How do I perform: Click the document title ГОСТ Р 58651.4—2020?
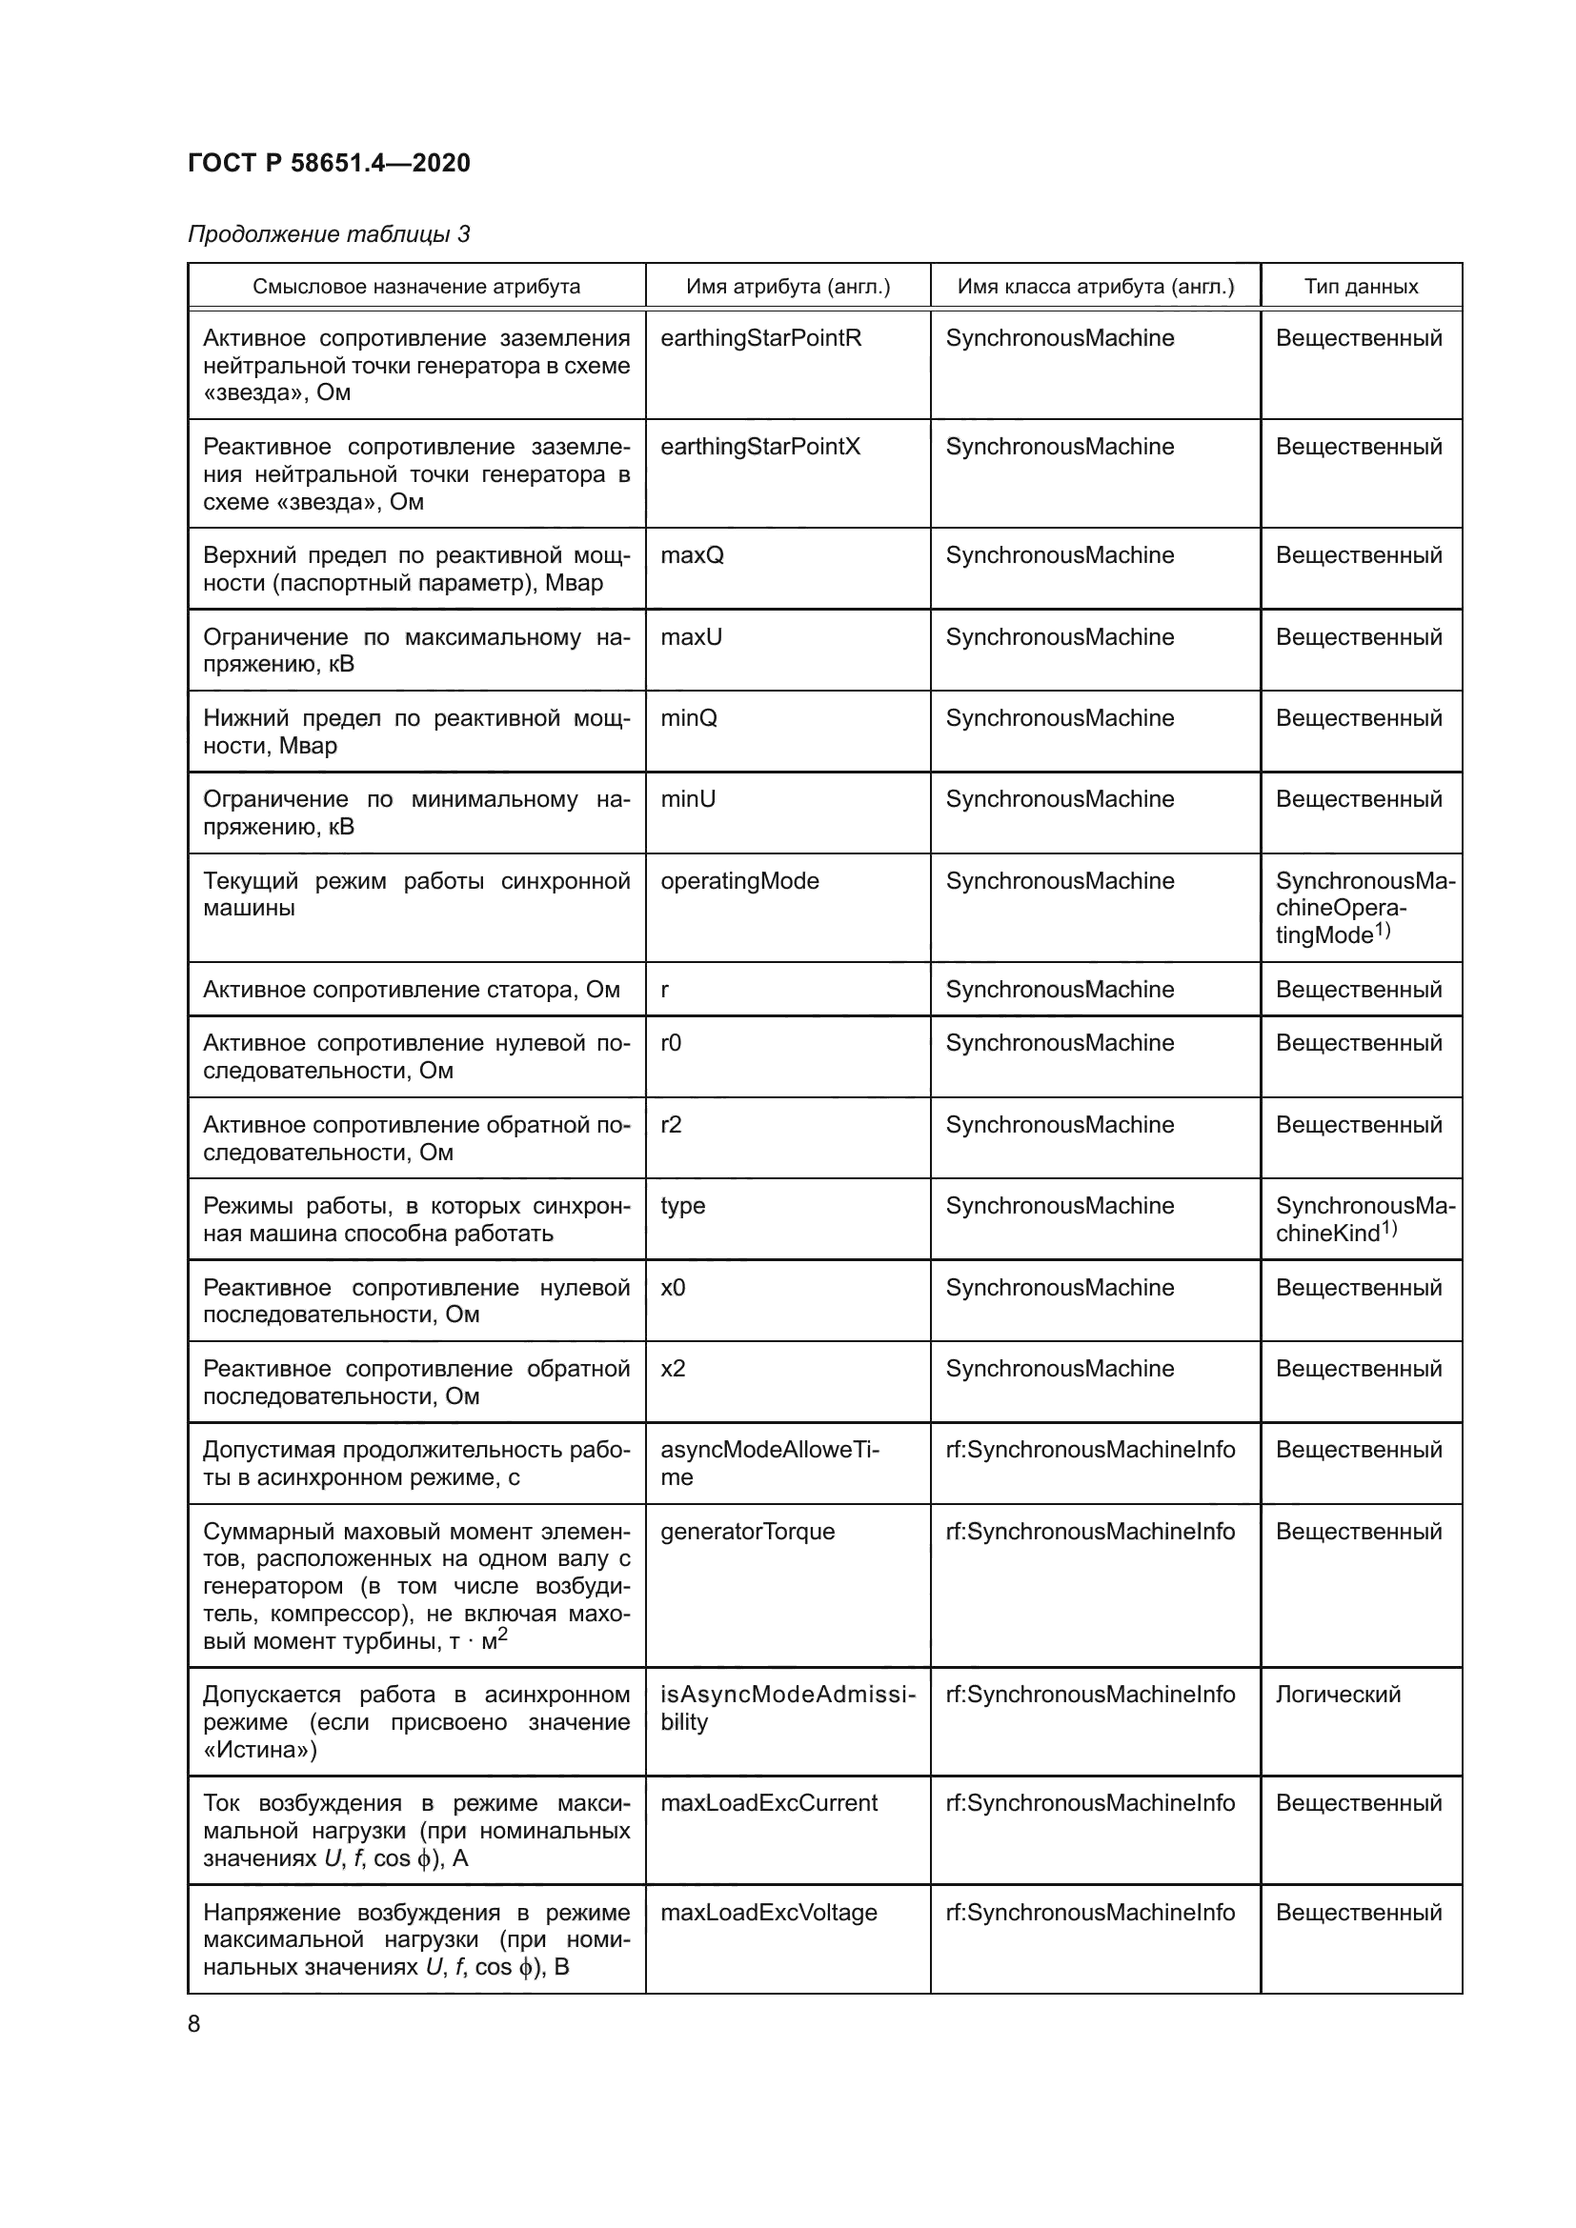click(328, 163)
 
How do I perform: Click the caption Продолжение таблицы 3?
click(328, 234)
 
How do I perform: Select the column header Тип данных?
click(1361, 287)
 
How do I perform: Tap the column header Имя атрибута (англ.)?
click(787, 287)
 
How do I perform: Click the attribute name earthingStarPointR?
click(760, 338)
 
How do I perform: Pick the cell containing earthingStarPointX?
click(759, 447)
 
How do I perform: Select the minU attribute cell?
click(688, 798)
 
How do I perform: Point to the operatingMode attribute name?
click(739, 880)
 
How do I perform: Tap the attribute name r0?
click(671, 1042)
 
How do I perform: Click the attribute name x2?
click(673, 1368)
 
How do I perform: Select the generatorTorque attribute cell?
click(747, 1532)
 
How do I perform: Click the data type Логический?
click(1337, 1695)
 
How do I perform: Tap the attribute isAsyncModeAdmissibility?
click(787, 1708)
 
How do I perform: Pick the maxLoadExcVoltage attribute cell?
click(769, 1913)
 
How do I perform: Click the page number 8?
click(194, 2024)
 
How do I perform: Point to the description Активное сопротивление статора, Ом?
click(411, 989)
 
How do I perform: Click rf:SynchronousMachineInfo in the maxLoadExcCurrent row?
click(1090, 1803)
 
